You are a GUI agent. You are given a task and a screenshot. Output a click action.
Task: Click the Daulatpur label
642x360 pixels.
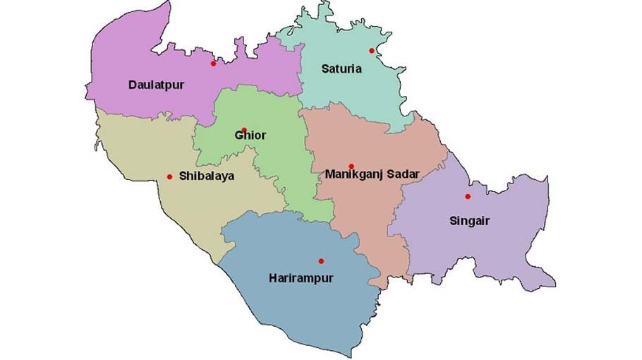[x=156, y=85]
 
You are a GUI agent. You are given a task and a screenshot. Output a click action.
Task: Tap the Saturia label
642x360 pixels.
[x=341, y=69]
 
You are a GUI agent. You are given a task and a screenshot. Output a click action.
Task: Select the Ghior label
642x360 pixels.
[x=250, y=136]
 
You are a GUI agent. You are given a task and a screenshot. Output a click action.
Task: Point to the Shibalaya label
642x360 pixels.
[x=207, y=176]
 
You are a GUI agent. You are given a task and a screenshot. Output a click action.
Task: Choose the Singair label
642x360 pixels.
[x=469, y=221]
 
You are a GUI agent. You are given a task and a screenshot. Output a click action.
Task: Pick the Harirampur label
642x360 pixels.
[x=301, y=278]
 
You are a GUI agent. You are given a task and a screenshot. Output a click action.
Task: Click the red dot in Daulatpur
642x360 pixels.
[x=213, y=64]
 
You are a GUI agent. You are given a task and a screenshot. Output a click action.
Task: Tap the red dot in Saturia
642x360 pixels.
[x=371, y=51]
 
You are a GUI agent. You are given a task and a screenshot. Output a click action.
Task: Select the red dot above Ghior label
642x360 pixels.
[x=244, y=130]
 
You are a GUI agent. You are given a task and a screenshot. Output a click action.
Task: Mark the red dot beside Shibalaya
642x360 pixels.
[x=169, y=176]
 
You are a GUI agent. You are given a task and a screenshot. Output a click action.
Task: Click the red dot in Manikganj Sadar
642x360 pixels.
[x=351, y=166]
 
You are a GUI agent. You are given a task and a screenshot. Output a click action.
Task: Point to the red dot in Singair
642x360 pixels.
[x=467, y=196]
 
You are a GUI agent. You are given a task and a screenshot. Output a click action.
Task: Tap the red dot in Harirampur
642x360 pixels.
[x=321, y=261]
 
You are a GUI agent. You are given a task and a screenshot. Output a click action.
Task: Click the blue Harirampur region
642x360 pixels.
[x=296, y=311]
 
